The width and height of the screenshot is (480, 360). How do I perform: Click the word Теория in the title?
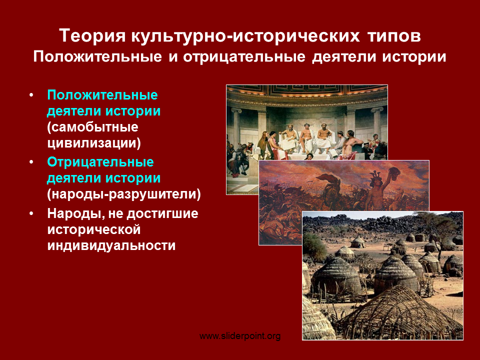point(92,35)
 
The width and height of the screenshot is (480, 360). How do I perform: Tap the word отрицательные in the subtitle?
point(244,57)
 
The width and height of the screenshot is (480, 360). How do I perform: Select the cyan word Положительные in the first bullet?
point(102,95)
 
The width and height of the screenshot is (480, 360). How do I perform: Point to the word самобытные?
point(93,127)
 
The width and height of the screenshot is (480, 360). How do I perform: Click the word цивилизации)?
point(94,143)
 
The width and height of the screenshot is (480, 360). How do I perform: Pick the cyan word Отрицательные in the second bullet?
point(100,162)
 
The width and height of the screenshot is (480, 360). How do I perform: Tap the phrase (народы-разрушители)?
point(124,194)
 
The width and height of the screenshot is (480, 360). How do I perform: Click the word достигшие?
point(162,213)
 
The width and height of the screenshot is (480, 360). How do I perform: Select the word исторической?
point(93,229)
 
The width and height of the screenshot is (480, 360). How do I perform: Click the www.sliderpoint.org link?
point(240,336)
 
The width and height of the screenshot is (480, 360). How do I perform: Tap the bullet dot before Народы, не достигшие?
point(31,213)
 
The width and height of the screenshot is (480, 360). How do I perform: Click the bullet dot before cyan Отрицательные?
point(31,162)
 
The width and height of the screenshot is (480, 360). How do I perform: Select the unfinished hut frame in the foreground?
point(401,312)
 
